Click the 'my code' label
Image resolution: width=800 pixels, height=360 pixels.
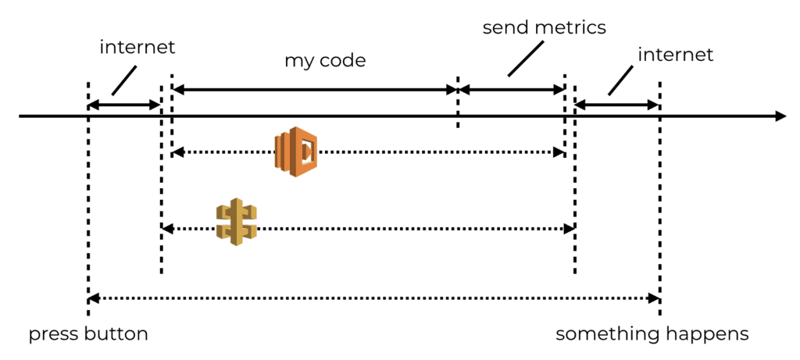coord(325,60)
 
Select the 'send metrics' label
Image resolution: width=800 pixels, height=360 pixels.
coord(545,28)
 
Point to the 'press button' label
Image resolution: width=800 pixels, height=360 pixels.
coord(88,334)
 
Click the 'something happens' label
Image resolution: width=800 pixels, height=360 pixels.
coord(652,334)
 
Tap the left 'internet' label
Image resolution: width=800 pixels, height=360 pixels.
coord(137,47)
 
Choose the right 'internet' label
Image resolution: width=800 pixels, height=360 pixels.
coord(676,55)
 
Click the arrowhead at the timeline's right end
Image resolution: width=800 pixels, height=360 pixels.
coord(780,116)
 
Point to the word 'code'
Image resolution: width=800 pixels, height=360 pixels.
coord(345,60)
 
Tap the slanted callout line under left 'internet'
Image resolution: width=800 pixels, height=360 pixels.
coord(124,79)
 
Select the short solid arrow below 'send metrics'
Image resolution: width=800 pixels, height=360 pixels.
coord(512,90)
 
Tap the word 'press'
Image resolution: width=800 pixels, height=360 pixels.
coord(52,334)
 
